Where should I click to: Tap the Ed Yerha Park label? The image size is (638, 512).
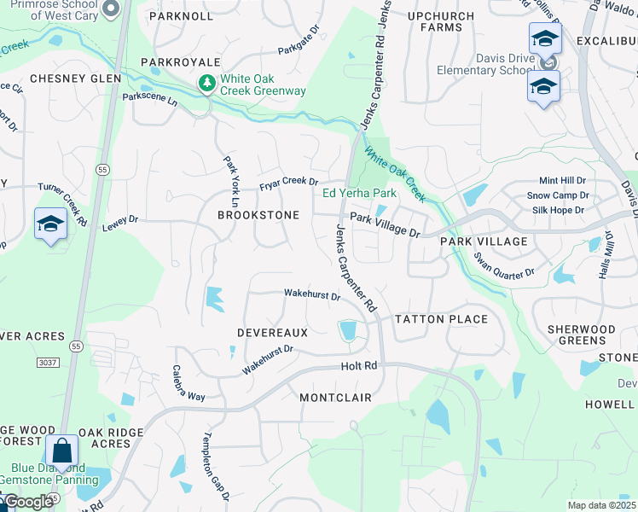tap(360, 193)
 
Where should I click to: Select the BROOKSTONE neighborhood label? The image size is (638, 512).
tap(258, 215)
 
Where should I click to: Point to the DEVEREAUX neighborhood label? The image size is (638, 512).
tap(272, 331)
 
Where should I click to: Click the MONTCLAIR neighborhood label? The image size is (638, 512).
tap(335, 398)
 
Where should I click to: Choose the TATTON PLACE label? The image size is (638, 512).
tap(441, 319)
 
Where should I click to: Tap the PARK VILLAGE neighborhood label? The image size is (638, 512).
tap(484, 241)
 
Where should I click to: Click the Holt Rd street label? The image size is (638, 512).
tap(358, 366)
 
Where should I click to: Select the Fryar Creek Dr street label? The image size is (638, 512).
tap(288, 183)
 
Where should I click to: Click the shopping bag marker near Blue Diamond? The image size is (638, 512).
tap(62, 450)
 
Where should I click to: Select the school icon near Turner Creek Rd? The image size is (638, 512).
tap(50, 224)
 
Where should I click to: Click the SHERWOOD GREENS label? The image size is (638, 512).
tap(581, 335)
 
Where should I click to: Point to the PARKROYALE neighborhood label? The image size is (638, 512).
tap(181, 62)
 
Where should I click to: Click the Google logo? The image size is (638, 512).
tap(27, 503)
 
